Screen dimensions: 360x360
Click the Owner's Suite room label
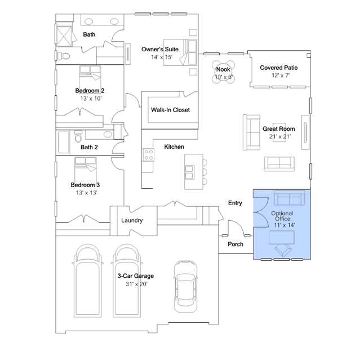point(160,50)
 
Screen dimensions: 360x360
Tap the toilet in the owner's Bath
point(64,56)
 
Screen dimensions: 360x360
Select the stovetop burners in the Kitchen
point(149,155)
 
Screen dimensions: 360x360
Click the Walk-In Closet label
point(170,110)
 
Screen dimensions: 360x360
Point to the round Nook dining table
point(224,72)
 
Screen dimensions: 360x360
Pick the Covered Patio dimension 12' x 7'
point(281,75)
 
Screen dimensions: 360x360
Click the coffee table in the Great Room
point(279,132)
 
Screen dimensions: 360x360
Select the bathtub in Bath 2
point(63,142)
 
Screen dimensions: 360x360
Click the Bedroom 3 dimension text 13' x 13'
point(87,193)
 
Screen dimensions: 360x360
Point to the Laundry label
point(132,220)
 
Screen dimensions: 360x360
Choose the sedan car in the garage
point(185,286)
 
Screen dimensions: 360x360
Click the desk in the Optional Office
point(282,237)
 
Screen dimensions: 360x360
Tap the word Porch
point(235,244)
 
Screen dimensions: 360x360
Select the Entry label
point(235,203)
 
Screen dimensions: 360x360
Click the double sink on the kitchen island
point(189,172)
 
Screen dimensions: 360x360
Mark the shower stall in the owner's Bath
point(64,36)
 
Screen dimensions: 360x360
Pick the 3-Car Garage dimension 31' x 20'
point(136,285)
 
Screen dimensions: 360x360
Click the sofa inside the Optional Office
point(289,198)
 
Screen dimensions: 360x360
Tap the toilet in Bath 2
point(78,136)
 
